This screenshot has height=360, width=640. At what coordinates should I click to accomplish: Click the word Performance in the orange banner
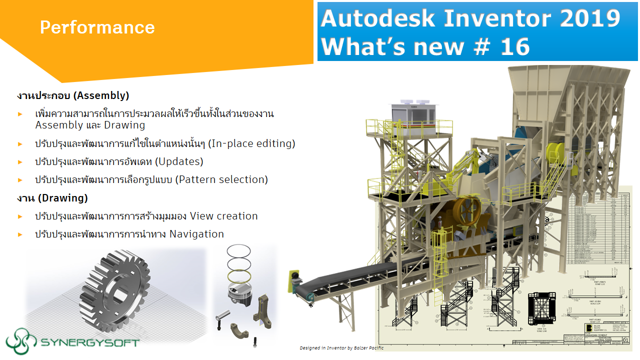coord(97,27)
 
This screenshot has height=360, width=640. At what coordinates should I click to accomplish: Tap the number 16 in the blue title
coord(512,46)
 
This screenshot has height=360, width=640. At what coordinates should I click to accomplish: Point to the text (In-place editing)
coord(252,143)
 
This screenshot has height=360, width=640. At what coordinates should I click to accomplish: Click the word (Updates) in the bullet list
coord(179,161)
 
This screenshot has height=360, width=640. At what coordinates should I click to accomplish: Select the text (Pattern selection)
coord(221,179)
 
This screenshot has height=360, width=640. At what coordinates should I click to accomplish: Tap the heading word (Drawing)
coord(62,198)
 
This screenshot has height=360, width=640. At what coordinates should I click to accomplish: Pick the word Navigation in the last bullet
coord(196,234)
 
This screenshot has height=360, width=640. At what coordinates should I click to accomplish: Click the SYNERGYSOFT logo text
coord(89,342)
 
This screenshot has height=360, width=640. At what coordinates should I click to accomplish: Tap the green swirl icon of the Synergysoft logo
coord(20,340)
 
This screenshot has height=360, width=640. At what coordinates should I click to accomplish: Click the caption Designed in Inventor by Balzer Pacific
coord(341,347)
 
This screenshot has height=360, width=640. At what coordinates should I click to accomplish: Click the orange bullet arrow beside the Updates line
coord(20,162)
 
